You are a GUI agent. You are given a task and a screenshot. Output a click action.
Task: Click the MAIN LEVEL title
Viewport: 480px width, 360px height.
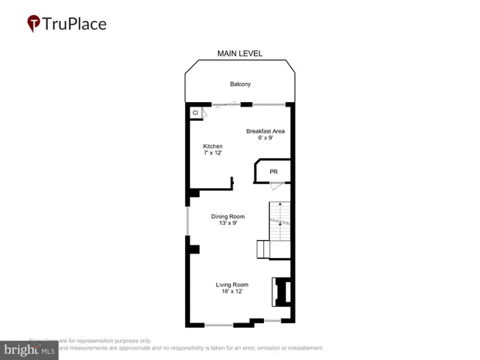tap(240, 53)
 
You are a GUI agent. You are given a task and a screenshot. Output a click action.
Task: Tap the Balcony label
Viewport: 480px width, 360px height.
tap(240, 84)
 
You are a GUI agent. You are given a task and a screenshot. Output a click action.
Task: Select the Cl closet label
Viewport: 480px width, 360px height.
tap(195, 112)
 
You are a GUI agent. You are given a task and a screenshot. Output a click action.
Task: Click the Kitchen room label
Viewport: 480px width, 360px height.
tap(213, 146)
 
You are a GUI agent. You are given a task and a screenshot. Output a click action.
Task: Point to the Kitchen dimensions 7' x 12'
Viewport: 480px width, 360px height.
tap(213, 153)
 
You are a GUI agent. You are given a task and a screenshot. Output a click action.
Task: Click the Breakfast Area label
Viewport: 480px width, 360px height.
tap(265, 131)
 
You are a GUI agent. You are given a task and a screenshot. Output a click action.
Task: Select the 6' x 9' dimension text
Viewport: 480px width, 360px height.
tap(265, 138)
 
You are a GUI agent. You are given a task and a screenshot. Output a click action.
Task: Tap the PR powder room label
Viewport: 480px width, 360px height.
tap(274, 172)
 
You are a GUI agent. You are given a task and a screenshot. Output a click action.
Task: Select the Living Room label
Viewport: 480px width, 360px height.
tap(232, 285)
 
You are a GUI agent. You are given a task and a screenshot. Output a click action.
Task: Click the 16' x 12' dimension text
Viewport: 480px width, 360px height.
tap(232, 292)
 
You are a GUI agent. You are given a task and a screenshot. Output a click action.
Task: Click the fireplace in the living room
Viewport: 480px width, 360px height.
tap(282, 291)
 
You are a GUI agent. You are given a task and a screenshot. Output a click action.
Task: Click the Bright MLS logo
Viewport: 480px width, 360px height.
tap(30, 349)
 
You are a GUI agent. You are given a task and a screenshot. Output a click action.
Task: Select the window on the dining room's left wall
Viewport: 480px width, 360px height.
tap(187, 223)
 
